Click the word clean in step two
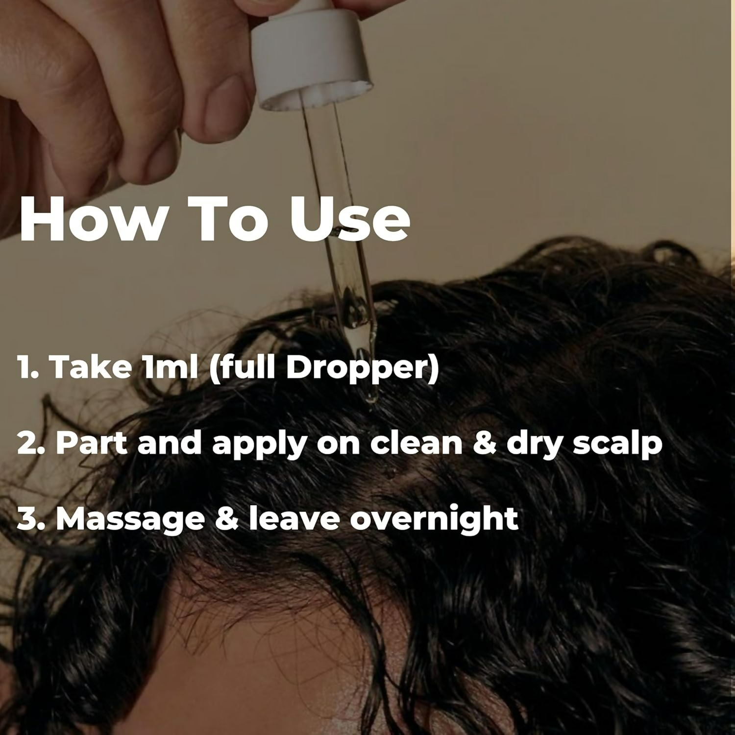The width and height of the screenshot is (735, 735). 416,443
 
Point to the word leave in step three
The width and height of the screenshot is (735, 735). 294,519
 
